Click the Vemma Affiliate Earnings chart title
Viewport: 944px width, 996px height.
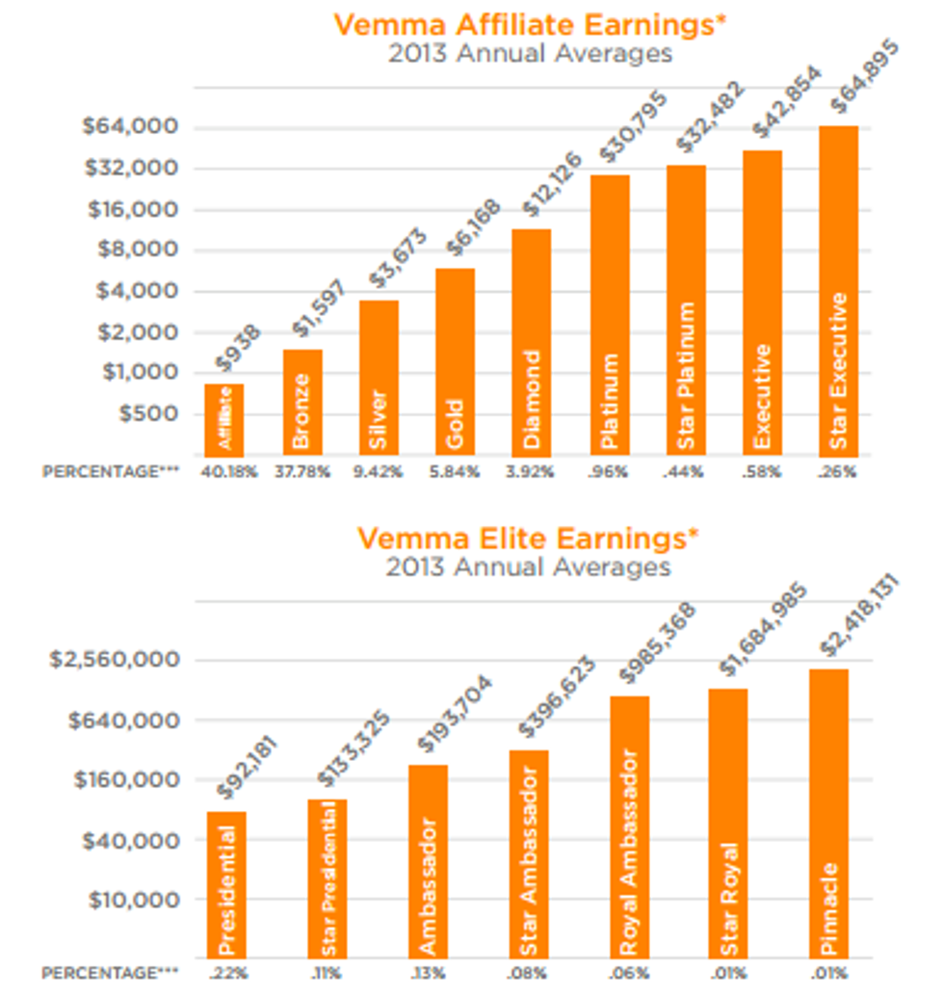pyautogui.click(x=529, y=25)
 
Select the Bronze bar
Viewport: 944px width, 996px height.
pyautogui.click(x=302, y=402)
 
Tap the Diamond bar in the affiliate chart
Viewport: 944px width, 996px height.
pyautogui.click(x=531, y=342)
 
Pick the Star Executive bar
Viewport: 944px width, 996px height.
pyautogui.click(x=838, y=290)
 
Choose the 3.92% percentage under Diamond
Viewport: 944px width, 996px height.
pyautogui.click(x=531, y=472)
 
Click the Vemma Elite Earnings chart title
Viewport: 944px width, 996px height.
pyautogui.click(x=529, y=537)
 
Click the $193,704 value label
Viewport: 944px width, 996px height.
pyautogui.click(x=453, y=715)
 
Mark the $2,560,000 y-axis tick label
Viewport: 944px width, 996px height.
pyautogui.click(x=115, y=661)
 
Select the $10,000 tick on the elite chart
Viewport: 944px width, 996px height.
pyautogui.click(x=136, y=901)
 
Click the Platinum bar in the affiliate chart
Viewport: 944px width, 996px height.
pyautogui.click(x=609, y=315)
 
